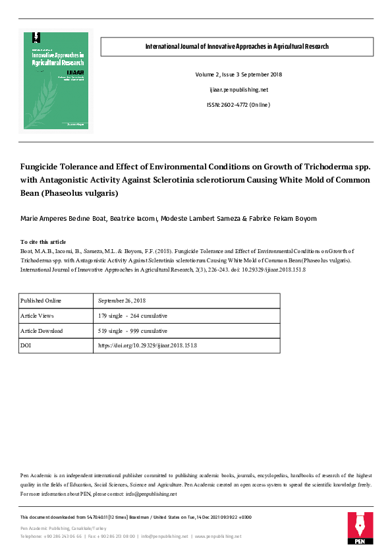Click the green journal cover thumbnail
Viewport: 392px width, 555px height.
click(x=57, y=80)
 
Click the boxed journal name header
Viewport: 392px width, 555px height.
click(x=237, y=47)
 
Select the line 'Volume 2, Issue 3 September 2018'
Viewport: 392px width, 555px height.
click(x=237, y=73)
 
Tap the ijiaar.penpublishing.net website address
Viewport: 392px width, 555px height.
click(x=237, y=89)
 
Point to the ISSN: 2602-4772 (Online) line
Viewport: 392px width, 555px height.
click(x=237, y=105)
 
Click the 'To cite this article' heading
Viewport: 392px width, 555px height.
click(x=43, y=242)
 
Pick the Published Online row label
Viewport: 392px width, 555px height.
click(x=41, y=301)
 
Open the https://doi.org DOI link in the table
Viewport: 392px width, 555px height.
click(x=148, y=345)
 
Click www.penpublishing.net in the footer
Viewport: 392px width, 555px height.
click(x=219, y=537)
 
